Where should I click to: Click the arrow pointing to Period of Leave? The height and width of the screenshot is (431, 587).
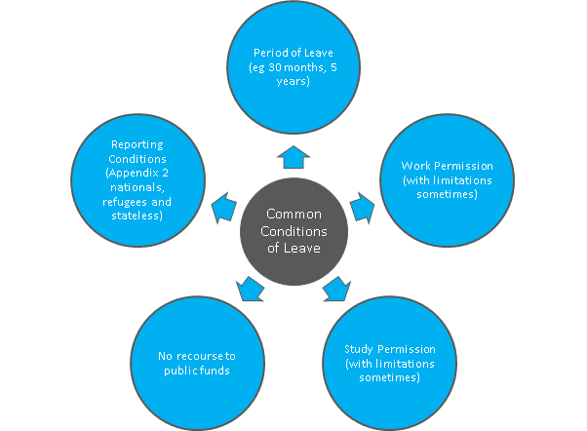click(293, 157)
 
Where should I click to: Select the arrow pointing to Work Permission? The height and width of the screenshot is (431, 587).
click(363, 208)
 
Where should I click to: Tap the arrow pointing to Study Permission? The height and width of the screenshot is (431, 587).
click(337, 290)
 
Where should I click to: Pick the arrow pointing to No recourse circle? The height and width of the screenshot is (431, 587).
click(250, 289)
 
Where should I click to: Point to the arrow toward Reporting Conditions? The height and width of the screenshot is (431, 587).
click(224, 208)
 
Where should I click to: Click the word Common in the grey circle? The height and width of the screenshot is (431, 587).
click(293, 214)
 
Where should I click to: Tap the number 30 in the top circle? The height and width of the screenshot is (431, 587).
click(275, 67)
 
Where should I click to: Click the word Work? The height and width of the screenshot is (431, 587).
click(414, 166)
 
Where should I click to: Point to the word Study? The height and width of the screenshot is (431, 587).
click(358, 349)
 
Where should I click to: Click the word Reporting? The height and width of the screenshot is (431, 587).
click(137, 145)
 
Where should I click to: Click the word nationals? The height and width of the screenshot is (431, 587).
click(137, 187)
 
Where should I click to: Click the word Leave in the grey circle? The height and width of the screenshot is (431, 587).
click(301, 248)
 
